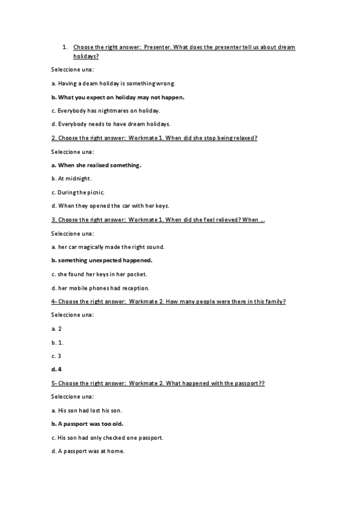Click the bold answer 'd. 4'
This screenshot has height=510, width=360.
click(x=56, y=369)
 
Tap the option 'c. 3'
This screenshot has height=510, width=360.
click(x=56, y=355)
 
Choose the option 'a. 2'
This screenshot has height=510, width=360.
click(x=56, y=328)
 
